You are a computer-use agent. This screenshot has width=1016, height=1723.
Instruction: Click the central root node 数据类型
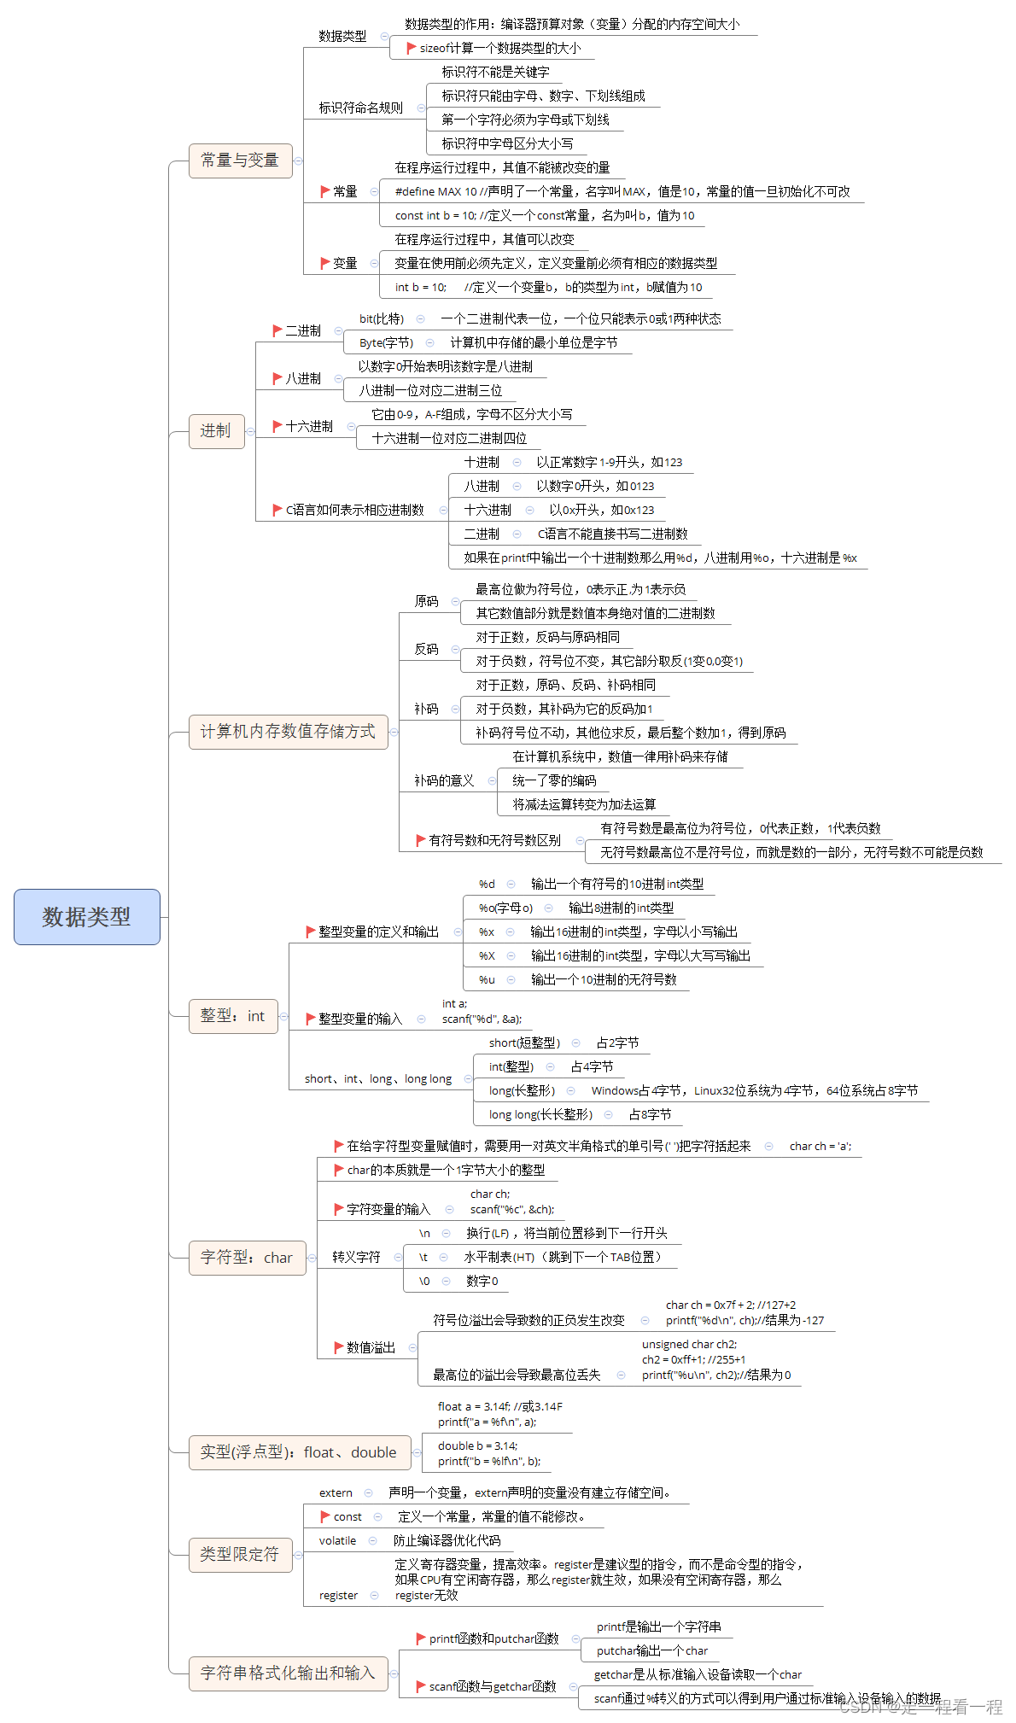(86, 917)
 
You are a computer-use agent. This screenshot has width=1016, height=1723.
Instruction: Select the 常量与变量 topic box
(240, 161)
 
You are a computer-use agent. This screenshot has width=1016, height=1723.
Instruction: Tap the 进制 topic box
(216, 431)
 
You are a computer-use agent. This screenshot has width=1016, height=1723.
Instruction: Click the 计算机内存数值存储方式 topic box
(288, 732)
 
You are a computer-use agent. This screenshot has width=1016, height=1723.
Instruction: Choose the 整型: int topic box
(232, 1016)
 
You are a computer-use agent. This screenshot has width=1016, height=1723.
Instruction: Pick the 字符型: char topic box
(247, 1258)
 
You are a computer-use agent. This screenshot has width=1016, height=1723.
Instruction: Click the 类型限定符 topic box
(240, 1555)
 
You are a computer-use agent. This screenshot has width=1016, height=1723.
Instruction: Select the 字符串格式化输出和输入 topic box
(288, 1673)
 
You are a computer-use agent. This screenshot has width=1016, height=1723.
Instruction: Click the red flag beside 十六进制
(277, 425)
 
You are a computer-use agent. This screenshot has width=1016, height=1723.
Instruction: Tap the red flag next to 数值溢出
(338, 1347)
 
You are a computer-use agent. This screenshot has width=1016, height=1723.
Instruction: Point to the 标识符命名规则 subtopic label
(360, 108)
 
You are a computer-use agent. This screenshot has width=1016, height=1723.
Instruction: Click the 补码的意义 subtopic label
(444, 780)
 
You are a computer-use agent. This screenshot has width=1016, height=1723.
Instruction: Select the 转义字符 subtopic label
(356, 1257)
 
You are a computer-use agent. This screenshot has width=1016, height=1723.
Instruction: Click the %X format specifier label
(487, 955)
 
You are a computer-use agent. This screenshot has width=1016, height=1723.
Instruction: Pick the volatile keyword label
(337, 1540)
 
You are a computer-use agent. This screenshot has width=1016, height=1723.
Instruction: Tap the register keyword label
(338, 1595)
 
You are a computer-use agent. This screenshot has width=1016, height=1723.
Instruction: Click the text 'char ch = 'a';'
(820, 1146)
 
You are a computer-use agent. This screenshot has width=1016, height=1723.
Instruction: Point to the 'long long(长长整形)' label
(540, 1114)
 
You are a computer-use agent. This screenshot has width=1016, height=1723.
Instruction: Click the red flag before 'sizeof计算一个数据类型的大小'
(412, 48)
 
